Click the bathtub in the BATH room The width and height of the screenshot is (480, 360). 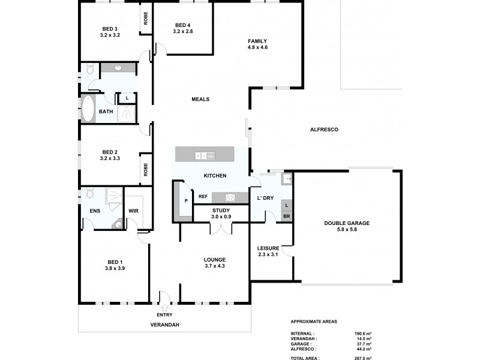(88, 109)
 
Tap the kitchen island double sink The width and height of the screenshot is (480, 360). (201, 155)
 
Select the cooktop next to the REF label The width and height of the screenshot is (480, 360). (230, 197)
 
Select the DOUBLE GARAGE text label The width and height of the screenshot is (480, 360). (346, 223)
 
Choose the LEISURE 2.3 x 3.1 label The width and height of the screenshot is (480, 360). (268, 251)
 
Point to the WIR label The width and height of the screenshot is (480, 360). (134, 211)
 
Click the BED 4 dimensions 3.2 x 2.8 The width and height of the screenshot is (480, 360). (183, 31)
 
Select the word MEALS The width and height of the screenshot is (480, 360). (200, 99)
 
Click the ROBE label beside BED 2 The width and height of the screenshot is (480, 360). (146, 170)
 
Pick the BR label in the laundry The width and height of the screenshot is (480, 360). (287, 216)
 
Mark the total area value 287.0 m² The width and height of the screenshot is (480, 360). (364, 358)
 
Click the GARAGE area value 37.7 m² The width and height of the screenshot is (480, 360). (364, 344)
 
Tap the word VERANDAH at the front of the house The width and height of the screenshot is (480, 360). (164, 325)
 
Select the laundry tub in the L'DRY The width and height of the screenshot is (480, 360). (286, 178)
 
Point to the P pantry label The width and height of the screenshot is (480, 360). (186, 200)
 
